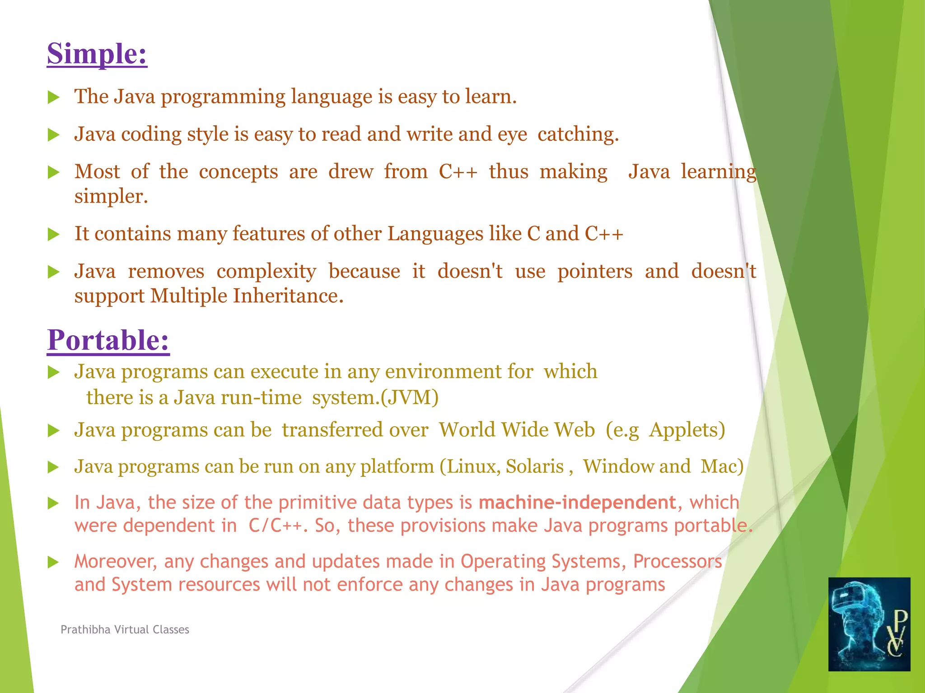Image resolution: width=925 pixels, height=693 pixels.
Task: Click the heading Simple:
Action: tap(97, 54)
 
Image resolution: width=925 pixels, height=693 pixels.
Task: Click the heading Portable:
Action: tap(108, 340)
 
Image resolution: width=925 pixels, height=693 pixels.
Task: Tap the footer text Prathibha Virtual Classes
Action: tap(125, 630)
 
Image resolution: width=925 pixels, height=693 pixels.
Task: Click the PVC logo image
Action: tap(869, 624)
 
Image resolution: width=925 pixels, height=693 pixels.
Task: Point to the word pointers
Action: tap(594, 272)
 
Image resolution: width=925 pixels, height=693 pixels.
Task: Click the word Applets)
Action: tap(687, 430)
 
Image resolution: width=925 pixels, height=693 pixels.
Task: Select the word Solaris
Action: tap(534, 467)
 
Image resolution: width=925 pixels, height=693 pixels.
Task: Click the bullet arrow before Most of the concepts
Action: tap(54, 172)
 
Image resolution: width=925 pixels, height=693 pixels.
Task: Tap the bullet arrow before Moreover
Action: tap(54, 562)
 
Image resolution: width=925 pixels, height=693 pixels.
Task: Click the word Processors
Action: tap(677, 562)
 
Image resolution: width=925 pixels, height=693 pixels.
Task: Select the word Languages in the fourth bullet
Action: tap(435, 234)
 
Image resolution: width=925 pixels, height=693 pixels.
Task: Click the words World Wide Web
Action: tap(517, 430)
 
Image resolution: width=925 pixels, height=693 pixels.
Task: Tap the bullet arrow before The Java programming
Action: tap(54, 97)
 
